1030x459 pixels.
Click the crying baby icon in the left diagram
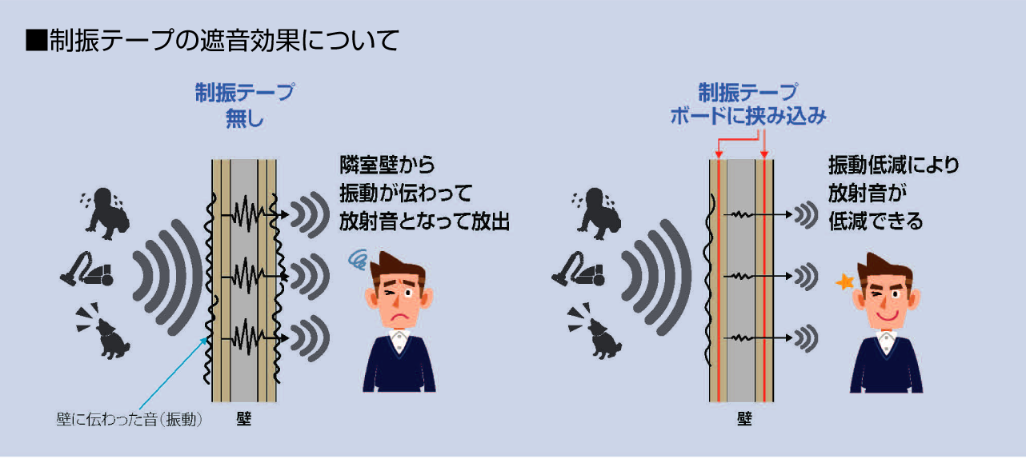click(x=105, y=214)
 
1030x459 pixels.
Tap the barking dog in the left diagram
click(x=104, y=331)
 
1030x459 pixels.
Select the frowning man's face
click(x=399, y=293)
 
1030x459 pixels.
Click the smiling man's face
click(x=886, y=294)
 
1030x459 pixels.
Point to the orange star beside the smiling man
click(x=844, y=281)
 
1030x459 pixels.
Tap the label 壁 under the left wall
click(x=244, y=419)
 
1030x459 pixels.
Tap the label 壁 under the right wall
click(x=744, y=419)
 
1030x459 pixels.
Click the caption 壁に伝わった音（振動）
click(x=129, y=420)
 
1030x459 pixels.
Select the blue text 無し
click(x=245, y=119)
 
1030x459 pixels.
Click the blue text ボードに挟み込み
click(x=748, y=116)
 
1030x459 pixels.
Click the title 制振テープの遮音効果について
click(x=224, y=40)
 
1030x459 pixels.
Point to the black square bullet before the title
click(x=36, y=40)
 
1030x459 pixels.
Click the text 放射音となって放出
click(x=424, y=222)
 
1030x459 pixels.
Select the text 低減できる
click(x=876, y=222)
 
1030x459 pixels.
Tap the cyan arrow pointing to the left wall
click(x=174, y=373)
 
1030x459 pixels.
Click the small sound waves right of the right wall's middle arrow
click(x=806, y=277)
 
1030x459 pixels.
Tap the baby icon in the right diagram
click(x=596, y=214)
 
